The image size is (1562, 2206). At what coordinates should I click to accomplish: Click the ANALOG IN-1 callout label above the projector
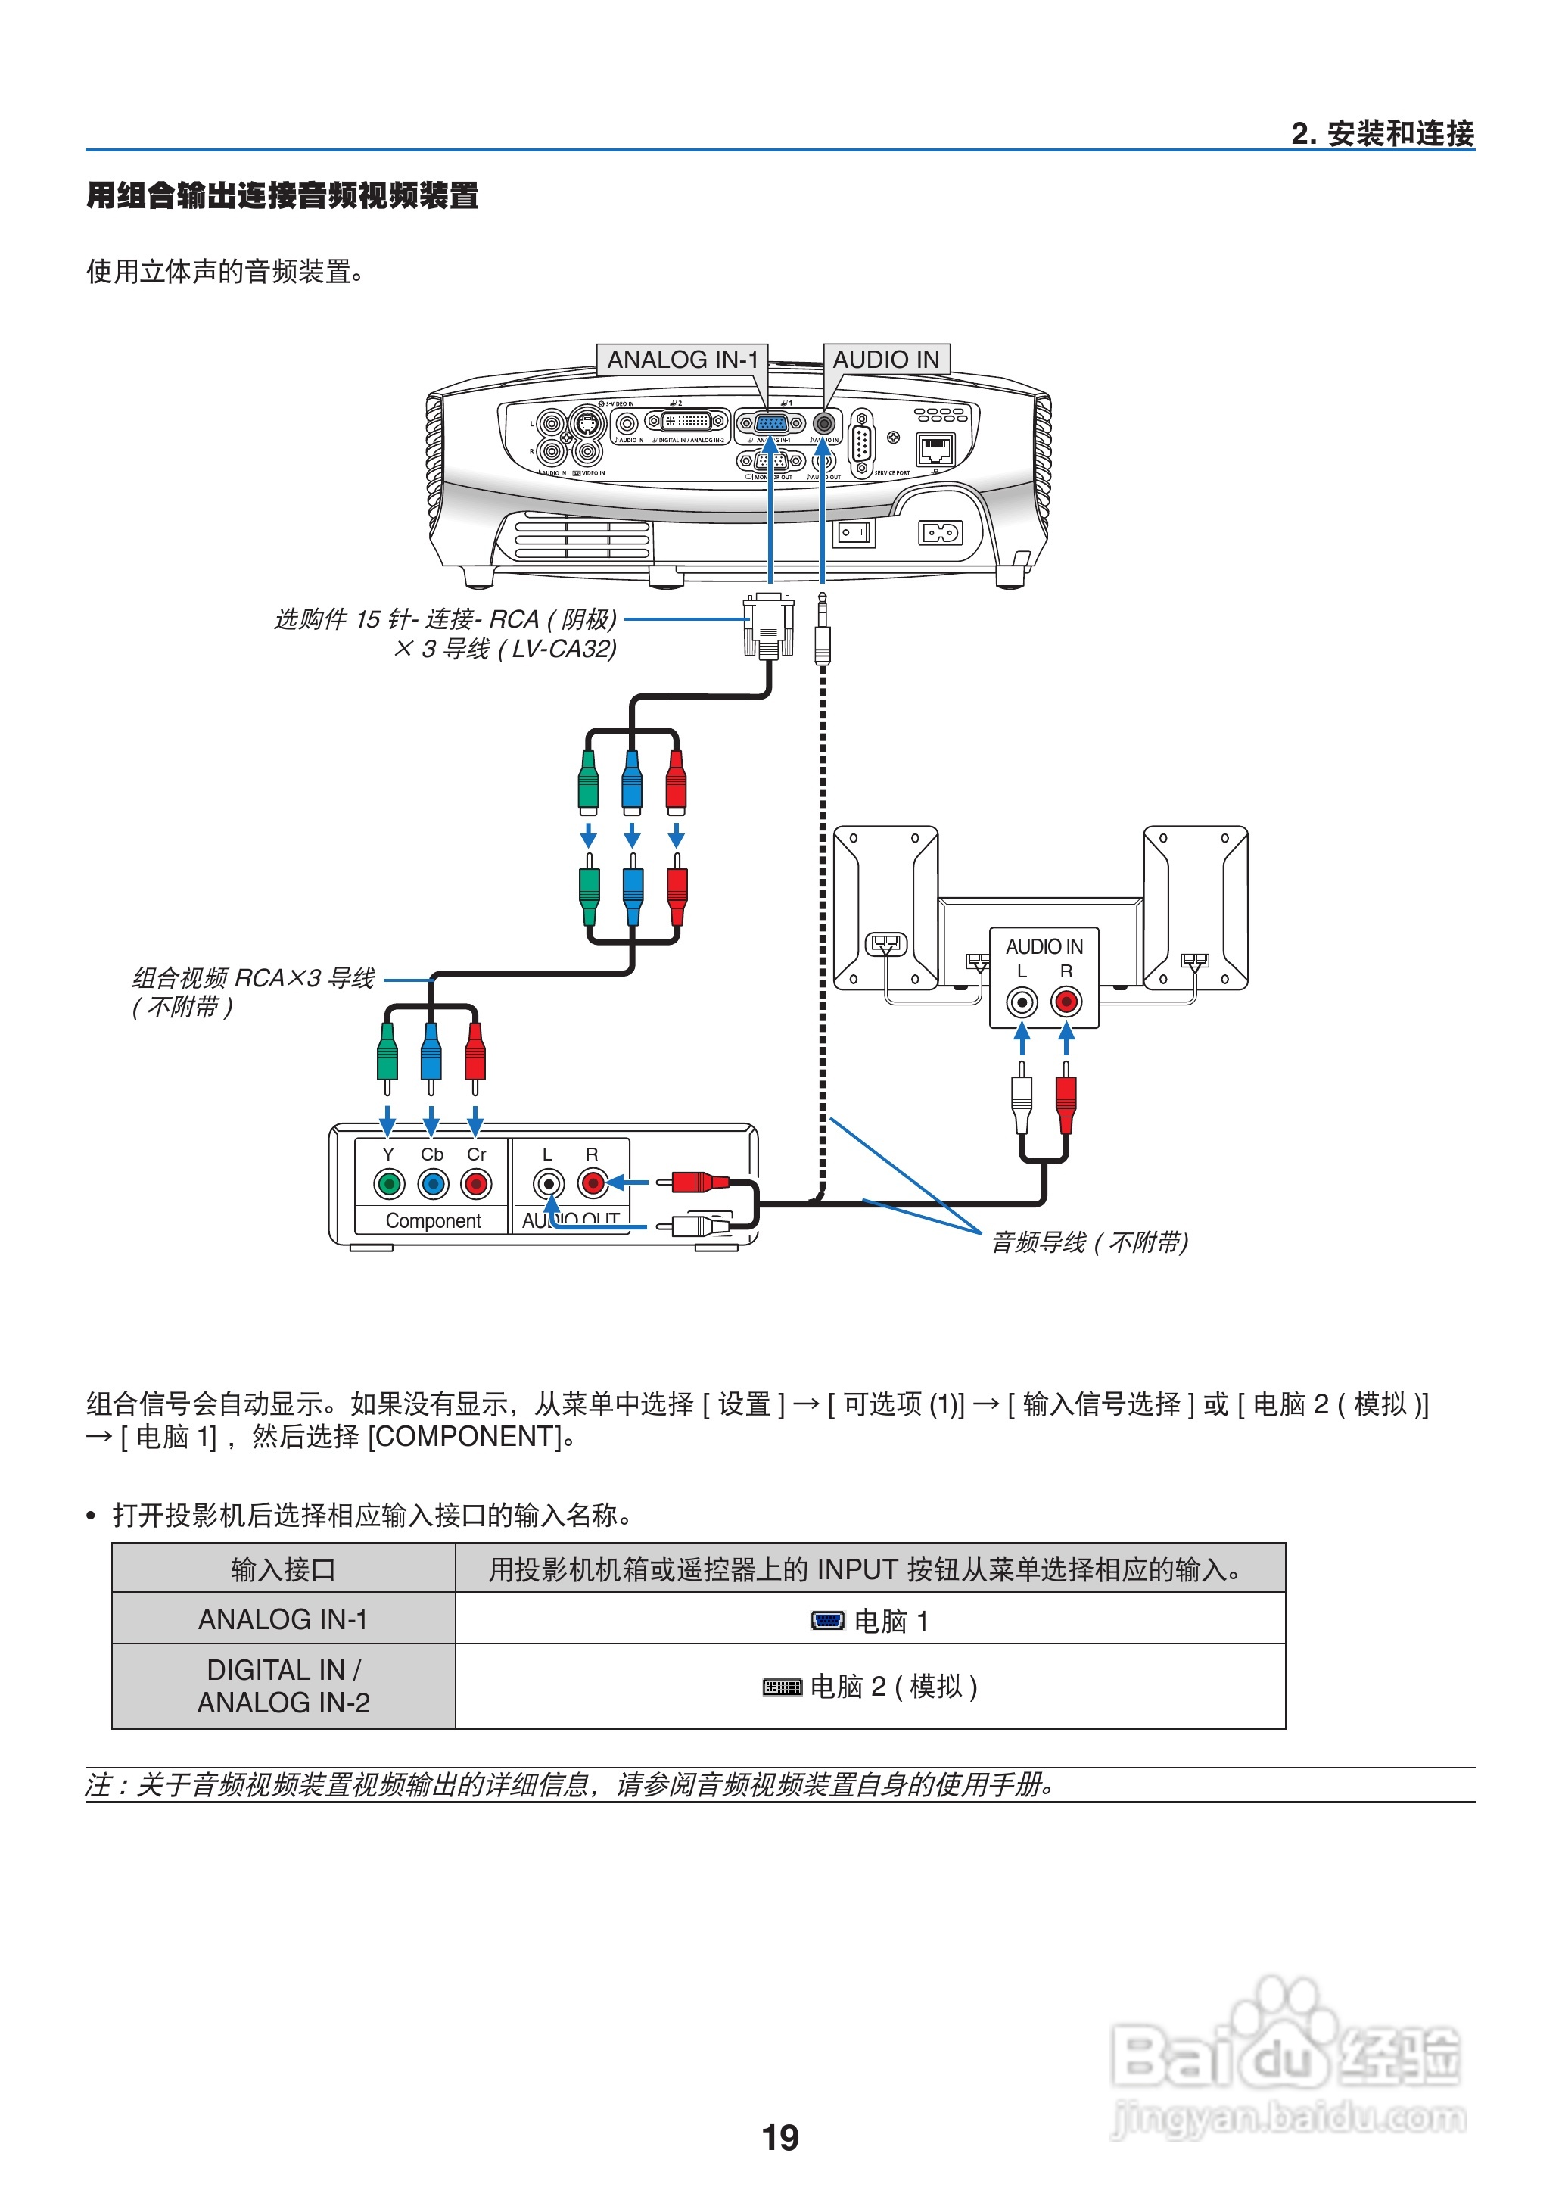(682, 360)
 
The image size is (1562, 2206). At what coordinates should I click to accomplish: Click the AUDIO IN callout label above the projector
(886, 360)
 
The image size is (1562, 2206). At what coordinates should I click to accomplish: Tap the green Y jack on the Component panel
(388, 1183)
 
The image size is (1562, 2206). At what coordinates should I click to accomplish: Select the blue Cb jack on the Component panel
(433, 1183)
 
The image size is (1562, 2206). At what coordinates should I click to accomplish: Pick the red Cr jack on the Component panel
(476, 1183)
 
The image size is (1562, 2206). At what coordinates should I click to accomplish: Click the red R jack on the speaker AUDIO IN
(1066, 1002)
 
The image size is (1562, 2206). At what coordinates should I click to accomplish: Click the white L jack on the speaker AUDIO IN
(1022, 1002)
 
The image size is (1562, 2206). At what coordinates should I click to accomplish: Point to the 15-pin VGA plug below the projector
(767, 625)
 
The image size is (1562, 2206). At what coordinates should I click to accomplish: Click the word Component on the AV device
(433, 1221)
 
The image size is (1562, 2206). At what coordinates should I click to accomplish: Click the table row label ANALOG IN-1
(283, 1620)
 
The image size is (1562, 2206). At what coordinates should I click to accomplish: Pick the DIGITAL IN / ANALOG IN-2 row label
(283, 1687)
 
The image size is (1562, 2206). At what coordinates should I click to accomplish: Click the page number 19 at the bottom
(780, 2138)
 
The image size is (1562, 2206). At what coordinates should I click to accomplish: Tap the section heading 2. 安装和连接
(1382, 134)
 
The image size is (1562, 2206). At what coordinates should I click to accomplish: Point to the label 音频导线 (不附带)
(1089, 1242)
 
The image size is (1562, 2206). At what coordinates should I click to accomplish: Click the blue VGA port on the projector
(770, 422)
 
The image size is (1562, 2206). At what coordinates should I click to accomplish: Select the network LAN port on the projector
(936, 448)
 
